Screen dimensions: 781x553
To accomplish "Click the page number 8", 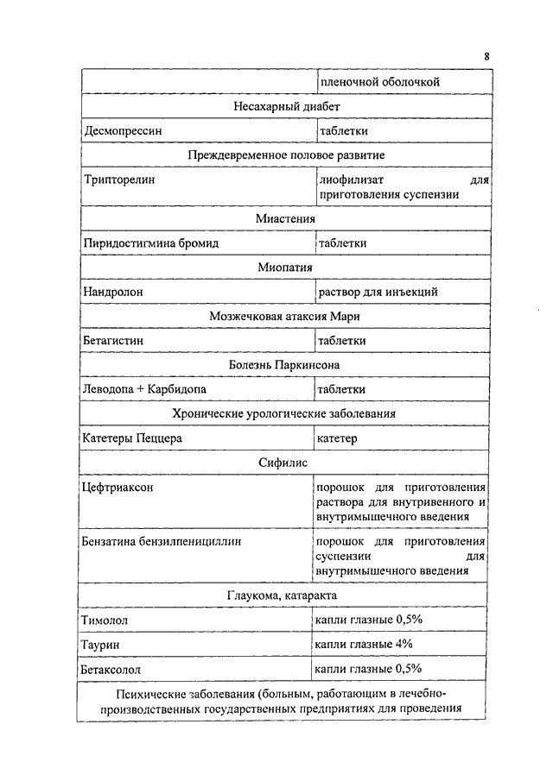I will point(486,57).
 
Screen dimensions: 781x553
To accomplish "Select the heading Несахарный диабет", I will point(286,106).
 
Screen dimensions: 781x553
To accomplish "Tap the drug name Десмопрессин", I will point(123,131).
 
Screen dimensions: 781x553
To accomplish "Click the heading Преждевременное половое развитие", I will point(286,155).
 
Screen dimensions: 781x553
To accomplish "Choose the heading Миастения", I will point(285,218).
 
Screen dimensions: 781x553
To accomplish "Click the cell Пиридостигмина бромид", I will point(150,243).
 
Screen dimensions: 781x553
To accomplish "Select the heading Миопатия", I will point(285,268).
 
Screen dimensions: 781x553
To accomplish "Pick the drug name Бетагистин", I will point(113,341).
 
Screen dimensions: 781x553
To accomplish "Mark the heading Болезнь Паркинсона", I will point(285,365).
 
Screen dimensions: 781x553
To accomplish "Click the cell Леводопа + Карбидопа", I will point(144,389).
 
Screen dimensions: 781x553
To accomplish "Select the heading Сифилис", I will point(285,463).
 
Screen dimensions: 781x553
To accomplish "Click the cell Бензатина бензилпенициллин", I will point(161,542).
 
